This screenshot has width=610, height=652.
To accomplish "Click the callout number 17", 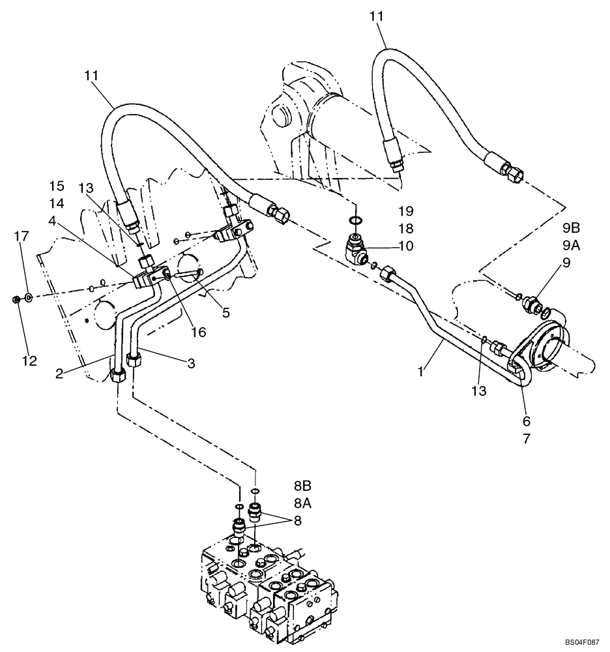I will click(22, 236).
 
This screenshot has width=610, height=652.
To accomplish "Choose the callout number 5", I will click(225, 313).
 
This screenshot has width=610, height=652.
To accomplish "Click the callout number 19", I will click(406, 211).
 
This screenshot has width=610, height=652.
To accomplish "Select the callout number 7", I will click(526, 439).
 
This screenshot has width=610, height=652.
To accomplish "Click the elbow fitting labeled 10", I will click(356, 248).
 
